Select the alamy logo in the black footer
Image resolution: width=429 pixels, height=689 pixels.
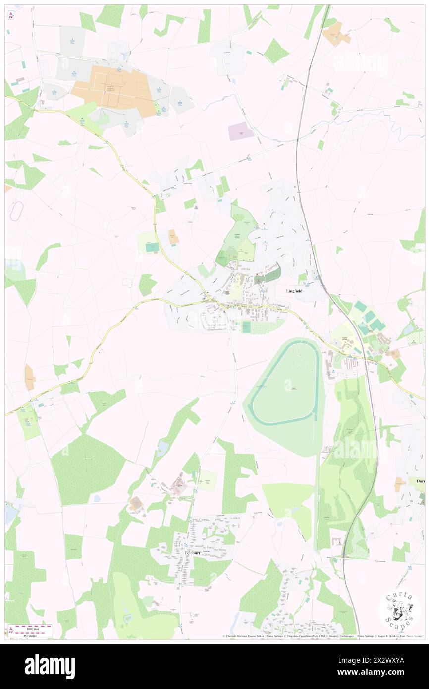50,666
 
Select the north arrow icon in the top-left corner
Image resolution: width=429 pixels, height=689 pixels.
11,15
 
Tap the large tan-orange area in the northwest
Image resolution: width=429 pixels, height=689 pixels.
114,89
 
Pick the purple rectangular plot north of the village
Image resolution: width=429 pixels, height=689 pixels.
241,131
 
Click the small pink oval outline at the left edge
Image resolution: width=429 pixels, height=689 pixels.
17,211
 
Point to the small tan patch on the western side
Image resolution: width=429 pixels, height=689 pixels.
30,377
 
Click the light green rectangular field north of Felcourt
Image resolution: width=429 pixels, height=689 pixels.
207,480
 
